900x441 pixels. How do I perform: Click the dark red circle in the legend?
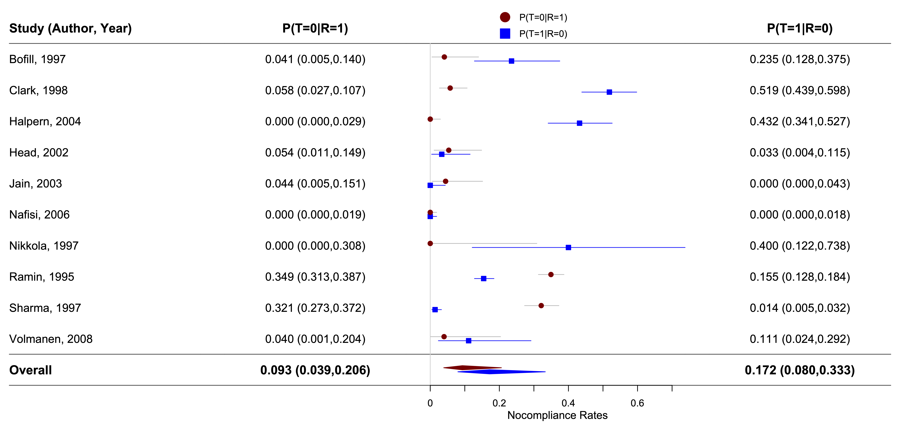point(505,17)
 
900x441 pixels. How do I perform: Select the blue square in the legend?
point(505,33)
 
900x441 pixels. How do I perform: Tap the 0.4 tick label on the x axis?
point(568,403)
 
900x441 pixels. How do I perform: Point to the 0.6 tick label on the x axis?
point(637,403)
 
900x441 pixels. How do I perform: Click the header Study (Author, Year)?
point(70,28)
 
